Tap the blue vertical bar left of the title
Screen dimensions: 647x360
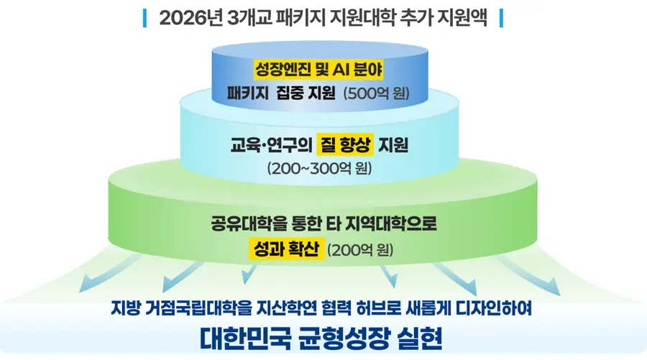(x=144, y=18)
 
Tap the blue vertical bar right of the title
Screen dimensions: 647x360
(x=501, y=18)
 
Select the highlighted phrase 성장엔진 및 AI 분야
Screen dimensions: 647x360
(x=318, y=70)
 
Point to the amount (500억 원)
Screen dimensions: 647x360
(x=376, y=93)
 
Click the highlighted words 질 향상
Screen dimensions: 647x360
(x=345, y=144)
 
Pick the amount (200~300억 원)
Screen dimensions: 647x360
(x=320, y=168)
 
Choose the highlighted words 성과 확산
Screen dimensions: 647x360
(x=286, y=249)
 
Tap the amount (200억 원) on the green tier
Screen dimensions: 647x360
(x=360, y=250)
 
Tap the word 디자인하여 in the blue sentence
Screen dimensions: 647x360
(x=493, y=308)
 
